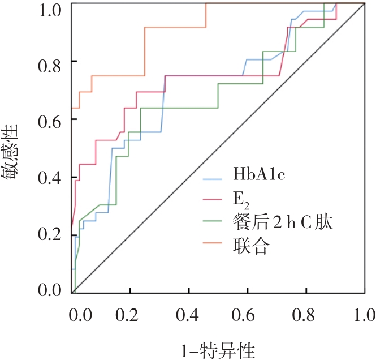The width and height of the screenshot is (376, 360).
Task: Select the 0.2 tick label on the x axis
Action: pos(131,314)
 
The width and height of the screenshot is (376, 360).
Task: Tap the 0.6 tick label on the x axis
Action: pos(247,314)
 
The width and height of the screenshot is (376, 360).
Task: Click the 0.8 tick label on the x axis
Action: pos(305,314)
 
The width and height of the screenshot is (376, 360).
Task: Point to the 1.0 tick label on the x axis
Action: pos(362,314)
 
